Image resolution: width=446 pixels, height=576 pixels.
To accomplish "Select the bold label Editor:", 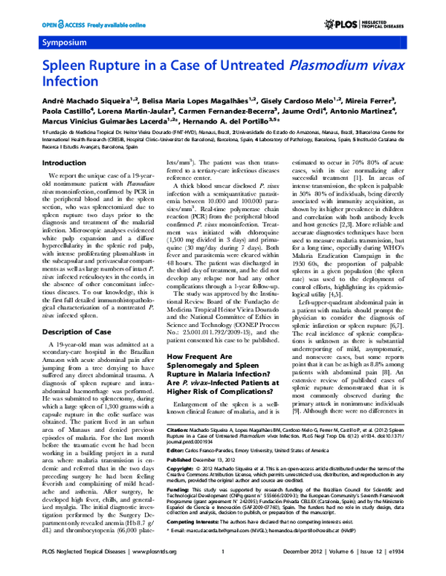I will click(x=176, y=429).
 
